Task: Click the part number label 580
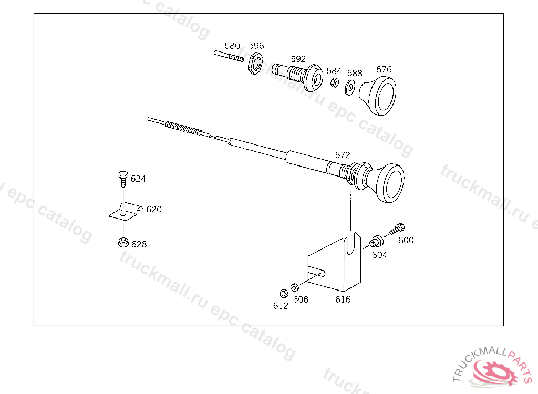232,46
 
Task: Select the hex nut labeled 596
255,63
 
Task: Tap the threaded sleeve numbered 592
297,76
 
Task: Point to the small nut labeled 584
334,82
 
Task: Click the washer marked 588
350,88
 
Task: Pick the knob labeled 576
378,96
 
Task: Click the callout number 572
343,155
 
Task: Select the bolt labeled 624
123,179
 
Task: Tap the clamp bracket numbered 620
126,211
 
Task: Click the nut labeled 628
123,242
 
